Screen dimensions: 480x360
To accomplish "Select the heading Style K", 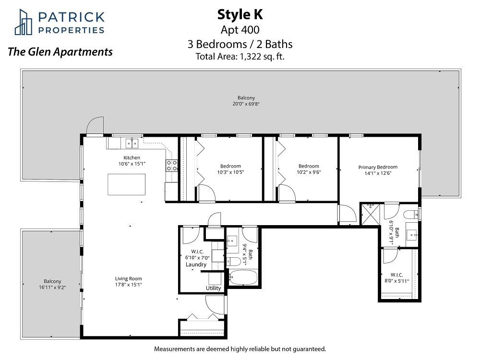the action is [240, 14].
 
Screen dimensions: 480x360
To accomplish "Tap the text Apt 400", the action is [240, 30].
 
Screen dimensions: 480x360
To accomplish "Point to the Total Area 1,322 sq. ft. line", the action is [240, 57].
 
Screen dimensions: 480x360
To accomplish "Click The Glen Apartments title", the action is [60, 52].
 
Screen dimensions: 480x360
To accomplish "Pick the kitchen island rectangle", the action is [126, 184].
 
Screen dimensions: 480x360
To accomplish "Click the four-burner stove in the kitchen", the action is [172, 166].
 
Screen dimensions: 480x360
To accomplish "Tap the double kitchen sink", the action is [132, 143].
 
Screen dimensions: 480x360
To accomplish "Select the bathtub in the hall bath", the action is [243, 277].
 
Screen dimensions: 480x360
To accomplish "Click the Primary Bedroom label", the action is [378, 167].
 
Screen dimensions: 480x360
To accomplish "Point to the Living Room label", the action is [128, 278].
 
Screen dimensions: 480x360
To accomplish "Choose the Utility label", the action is [213, 288].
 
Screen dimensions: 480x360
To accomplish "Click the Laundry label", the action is [196, 264].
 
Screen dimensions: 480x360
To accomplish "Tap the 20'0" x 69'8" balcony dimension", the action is [246, 104].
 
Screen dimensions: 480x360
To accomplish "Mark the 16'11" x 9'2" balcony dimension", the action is [52, 287].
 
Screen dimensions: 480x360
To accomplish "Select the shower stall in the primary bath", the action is [371, 214].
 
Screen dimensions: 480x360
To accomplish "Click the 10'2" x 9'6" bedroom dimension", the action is [309, 172].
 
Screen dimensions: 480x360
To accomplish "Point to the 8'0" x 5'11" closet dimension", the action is [397, 281].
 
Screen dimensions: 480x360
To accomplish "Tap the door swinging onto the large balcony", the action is [95, 126].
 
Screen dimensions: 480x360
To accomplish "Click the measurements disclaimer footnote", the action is [240, 349].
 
